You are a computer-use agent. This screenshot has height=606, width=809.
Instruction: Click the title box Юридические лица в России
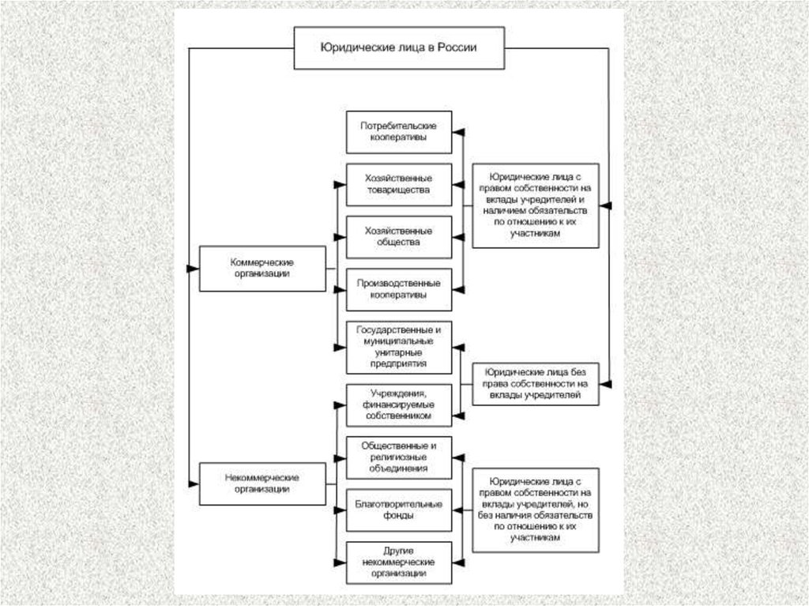click(399, 47)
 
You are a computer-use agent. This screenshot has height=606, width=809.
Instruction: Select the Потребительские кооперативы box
click(399, 131)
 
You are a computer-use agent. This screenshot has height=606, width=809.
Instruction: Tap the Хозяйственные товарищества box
click(399, 184)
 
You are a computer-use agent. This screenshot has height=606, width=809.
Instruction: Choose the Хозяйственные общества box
click(399, 236)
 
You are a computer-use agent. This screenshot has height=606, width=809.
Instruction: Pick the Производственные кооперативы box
click(399, 288)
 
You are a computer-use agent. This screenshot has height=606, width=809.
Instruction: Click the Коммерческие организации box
click(262, 269)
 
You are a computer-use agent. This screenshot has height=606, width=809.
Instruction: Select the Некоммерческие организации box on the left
click(262, 484)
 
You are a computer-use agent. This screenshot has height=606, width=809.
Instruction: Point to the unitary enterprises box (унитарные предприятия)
click(399, 347)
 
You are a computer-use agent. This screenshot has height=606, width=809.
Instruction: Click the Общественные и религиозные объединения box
click(399, 457)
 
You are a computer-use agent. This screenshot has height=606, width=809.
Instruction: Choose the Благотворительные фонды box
click(399, 510)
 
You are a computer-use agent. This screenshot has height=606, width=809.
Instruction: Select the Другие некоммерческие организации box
click(399, 562)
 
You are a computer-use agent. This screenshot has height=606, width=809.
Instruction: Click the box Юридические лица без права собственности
click(535, 382)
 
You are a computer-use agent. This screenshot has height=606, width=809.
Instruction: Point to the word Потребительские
click(399, 126)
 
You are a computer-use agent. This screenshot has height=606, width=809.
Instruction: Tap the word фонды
click(399, 515)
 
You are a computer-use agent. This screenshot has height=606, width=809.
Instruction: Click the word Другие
click(399, 550)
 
